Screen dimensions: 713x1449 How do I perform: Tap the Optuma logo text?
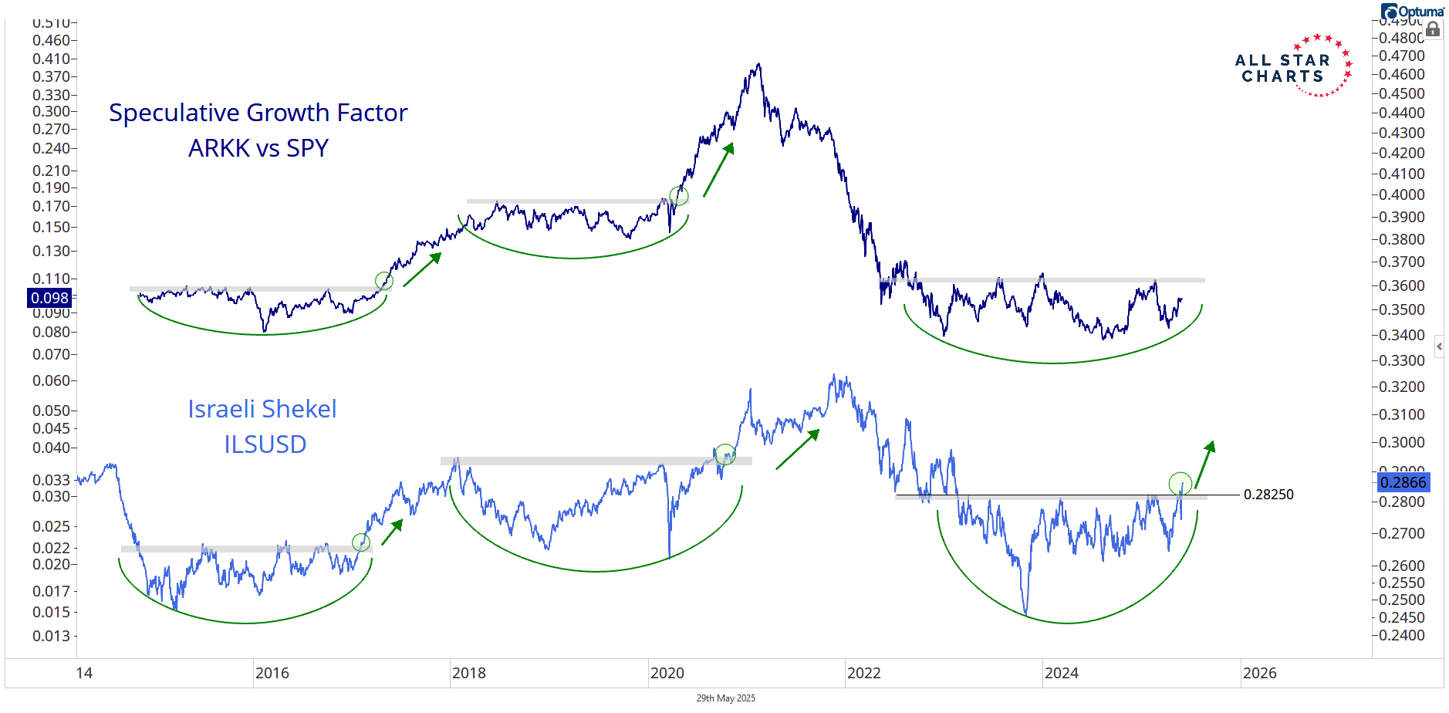coord(1418,12)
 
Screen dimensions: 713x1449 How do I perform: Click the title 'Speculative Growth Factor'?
coord(258,113)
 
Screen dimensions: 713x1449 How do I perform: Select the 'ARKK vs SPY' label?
coord(258,148)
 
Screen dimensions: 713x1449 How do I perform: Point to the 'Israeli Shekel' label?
coord(262,409)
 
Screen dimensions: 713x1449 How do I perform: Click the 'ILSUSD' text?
coord(265,444)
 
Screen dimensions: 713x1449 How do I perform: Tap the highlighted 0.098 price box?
coord(50,298)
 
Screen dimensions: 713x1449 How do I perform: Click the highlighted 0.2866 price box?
coord(1403,482)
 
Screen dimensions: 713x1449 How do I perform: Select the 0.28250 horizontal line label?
coord(1268,495)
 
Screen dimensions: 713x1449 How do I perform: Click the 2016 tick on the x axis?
coord(272,673)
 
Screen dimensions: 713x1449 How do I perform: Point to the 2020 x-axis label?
coord(667,673)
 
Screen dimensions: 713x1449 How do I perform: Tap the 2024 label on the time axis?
coord(1061,673)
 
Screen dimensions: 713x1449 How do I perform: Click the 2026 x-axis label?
coord(1259,673)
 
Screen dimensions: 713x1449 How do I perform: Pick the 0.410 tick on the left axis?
coord(51,59)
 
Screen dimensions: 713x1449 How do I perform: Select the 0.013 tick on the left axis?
coord(51,636)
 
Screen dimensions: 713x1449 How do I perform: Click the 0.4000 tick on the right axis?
coord(1402,194)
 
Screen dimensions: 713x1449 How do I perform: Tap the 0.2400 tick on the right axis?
coord(1402,635)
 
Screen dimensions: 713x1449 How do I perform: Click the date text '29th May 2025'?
coord(725,698)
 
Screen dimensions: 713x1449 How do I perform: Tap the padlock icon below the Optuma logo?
coord(1433,30)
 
